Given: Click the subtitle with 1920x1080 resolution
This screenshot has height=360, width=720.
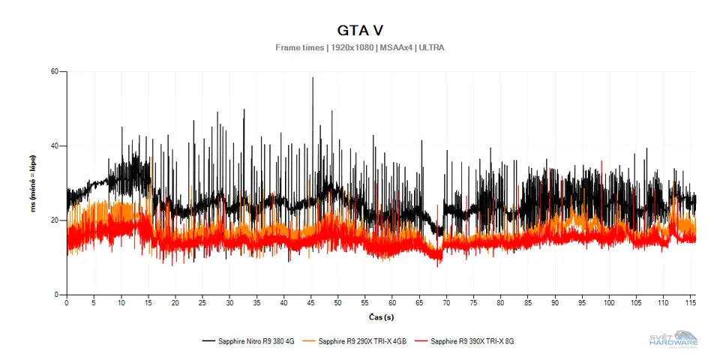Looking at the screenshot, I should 360,47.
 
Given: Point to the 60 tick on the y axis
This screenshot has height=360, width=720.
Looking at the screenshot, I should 54,72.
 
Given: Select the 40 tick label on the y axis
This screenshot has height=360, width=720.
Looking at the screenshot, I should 54,146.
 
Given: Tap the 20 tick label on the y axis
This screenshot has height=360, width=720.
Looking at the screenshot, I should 54,220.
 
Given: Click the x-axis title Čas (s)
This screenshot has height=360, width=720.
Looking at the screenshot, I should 381,317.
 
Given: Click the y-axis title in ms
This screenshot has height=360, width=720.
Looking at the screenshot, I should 33,184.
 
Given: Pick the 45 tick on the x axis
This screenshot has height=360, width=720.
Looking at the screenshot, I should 311,303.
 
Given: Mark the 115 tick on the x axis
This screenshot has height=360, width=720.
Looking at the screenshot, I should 690,303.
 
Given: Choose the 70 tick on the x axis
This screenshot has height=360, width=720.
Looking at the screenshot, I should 446,303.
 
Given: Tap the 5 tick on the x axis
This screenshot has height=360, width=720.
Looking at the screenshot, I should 94,303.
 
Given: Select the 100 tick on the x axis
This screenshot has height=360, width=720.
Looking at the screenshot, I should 609,303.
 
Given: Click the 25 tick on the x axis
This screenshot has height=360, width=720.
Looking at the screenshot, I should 202,303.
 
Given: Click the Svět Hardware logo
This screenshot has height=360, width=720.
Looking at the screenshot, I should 673,339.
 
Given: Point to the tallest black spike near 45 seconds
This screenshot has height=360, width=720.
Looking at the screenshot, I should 313,79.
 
